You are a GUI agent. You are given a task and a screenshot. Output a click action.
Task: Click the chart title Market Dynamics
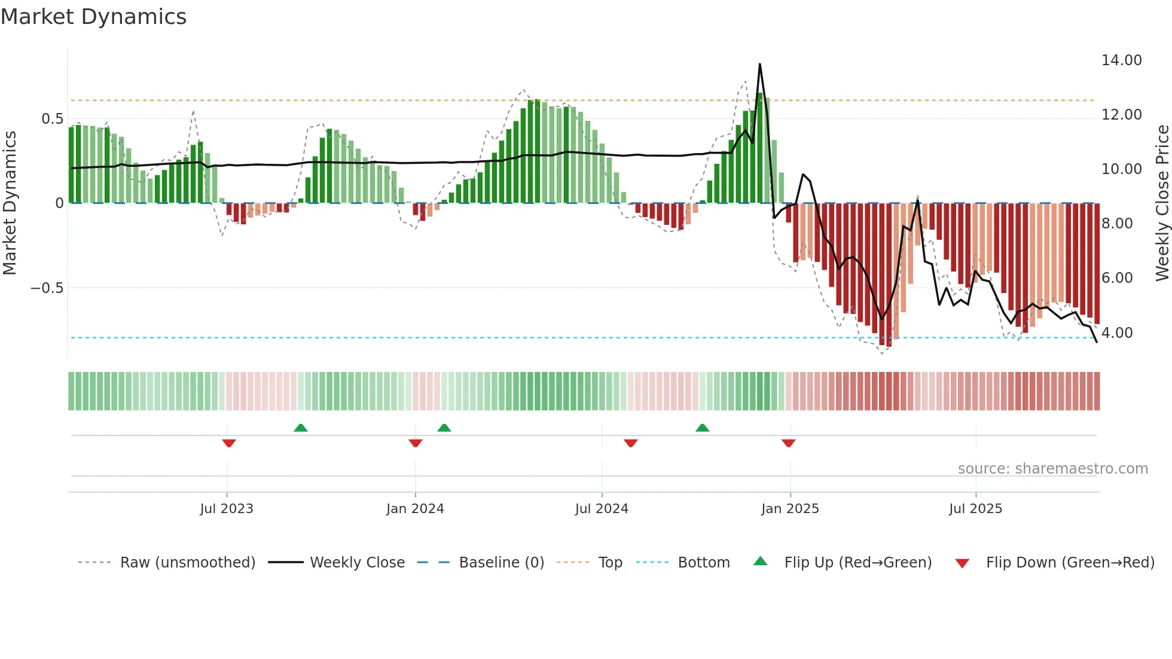pos(94,17)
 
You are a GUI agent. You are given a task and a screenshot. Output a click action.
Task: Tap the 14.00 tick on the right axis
pos(1121,60)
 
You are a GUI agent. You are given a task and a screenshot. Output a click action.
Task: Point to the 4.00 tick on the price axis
pos(1116,332)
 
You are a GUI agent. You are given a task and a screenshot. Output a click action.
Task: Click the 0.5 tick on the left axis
pos(52,119)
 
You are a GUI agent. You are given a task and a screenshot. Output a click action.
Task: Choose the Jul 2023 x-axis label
pos(227,509)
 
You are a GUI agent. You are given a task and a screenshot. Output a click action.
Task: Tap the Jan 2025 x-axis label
pos(790,509)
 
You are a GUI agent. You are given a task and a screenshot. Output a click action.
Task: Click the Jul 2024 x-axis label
pos(602,509)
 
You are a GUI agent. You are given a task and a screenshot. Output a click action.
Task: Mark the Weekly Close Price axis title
pos(1162,203)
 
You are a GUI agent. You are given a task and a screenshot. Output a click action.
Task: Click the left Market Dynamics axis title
pos(10,203)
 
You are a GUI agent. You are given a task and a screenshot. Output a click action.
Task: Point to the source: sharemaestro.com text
pos(1052,469)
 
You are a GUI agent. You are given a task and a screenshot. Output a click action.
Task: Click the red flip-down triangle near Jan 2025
pos(788,443)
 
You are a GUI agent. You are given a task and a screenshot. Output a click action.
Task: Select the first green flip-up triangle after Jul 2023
pos(301,428)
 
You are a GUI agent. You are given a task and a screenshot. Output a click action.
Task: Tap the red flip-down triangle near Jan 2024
pos(416,443)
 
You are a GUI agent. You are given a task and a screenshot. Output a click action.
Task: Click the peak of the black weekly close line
pos(759,64)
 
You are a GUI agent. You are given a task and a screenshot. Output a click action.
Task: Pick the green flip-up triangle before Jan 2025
pos(703,428)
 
